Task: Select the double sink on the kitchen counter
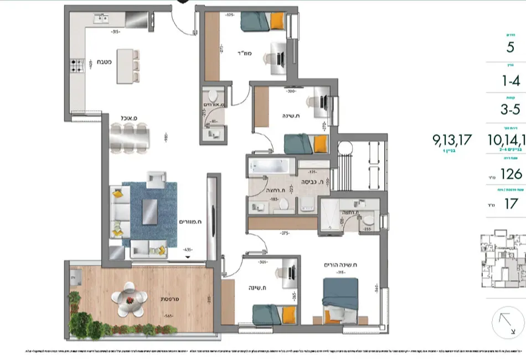point(101,19)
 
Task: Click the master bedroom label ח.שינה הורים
point(340,265)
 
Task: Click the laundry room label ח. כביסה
point(312,181)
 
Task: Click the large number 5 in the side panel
point(510,47)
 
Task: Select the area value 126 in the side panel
point(511,174)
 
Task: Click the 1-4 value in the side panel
point(510,81)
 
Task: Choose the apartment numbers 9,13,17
point(452,140)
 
